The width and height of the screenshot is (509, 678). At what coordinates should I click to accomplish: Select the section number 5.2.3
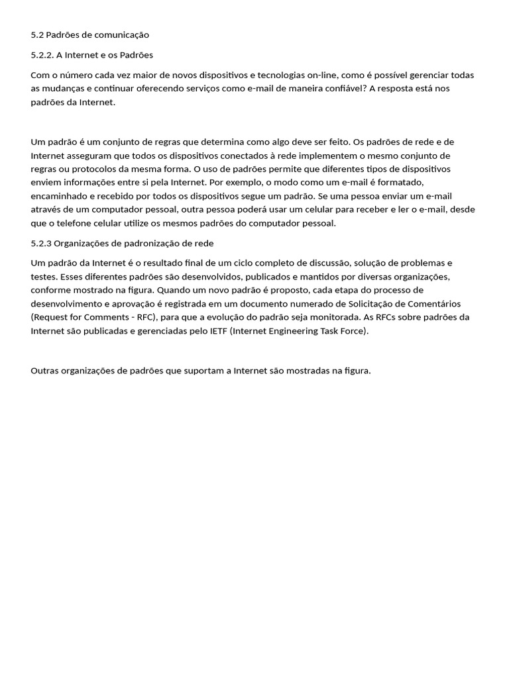click(42, 243)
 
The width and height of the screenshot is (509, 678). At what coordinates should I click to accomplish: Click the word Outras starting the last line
click(44, 370)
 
